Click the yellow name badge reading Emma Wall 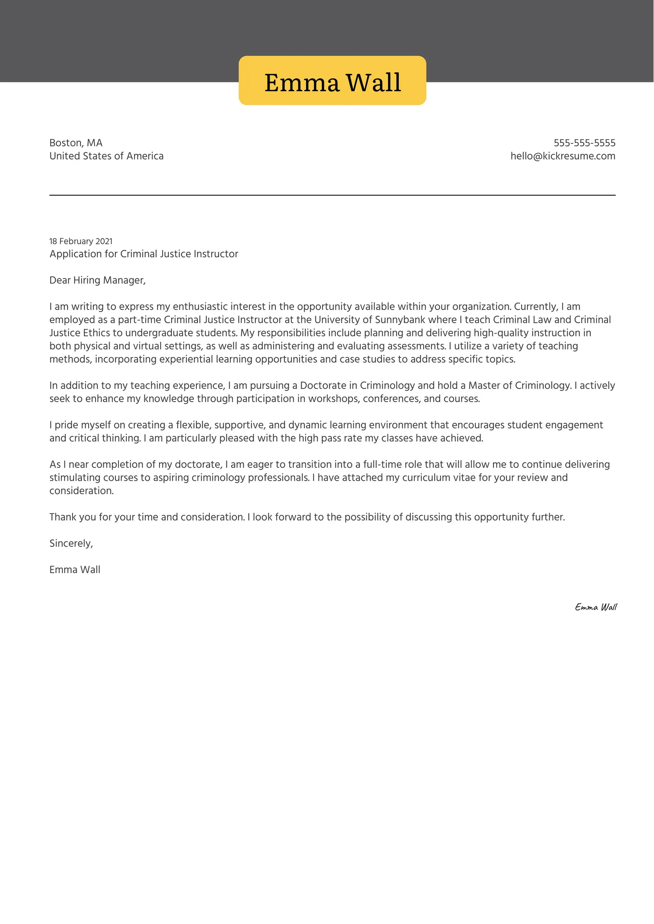click(x=332, y=81)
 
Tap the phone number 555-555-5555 click(x=584, y=143)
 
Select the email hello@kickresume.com click(x=563, y=156)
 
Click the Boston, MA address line click(x=76, y=143)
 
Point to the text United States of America click(x=106, y=156)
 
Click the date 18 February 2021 click(x=81, y=241)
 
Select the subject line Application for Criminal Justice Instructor click(x=143, y=254)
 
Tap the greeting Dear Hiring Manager click(x=97, y=280)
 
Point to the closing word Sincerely click(x=71, y=543)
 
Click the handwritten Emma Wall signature click(x=596, y=607)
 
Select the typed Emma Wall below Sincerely click(x=75, y=570)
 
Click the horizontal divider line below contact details click(x=332, y=195)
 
